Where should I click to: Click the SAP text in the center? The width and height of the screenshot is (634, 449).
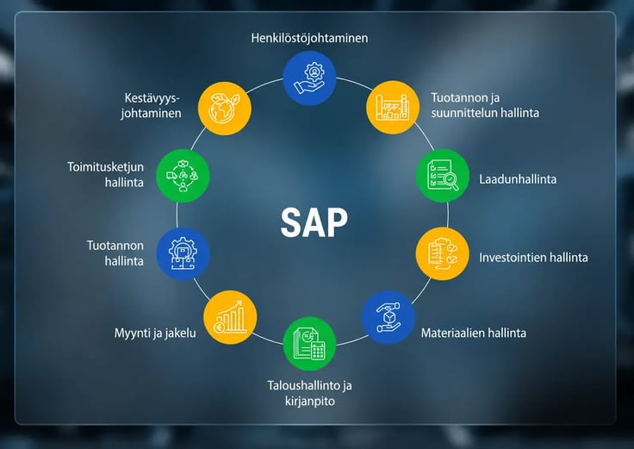[x=314, y=222]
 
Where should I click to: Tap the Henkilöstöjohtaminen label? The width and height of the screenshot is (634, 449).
[x=309, y=38]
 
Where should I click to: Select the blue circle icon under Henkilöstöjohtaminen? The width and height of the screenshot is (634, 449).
[x=309, y=78]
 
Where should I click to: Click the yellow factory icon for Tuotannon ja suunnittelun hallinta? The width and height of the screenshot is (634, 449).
[x=393, y=107]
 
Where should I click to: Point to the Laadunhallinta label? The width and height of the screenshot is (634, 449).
[x=518, y=179]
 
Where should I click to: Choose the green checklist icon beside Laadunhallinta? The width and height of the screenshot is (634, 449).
[x=443, y=176]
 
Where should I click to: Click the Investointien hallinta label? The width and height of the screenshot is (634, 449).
[x=533, y=258]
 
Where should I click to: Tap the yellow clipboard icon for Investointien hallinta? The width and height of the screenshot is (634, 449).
[x=443, y=253]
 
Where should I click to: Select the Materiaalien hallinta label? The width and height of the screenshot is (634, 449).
[x=474, y=333]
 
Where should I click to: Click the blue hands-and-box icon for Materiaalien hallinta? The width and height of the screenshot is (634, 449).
[x=388, y=317]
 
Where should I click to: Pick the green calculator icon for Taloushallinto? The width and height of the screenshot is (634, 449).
[x=309, y=343]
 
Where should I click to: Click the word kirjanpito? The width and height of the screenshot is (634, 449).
[x=310, y=402]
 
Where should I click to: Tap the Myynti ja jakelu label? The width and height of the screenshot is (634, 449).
[x=155, y=333]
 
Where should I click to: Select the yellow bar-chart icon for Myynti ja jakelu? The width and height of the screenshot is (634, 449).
[x=230, y=317]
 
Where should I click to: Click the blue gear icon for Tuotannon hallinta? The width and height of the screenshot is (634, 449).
[x=183, y=253]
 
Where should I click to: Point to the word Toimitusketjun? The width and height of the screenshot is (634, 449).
[x=105, y=167]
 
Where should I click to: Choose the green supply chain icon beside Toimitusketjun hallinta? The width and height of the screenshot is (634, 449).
[x=183, y=176]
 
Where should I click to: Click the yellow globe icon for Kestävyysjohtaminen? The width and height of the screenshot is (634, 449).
[x=225, y=109]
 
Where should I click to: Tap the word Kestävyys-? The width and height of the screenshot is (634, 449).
[x=152, y=98]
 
